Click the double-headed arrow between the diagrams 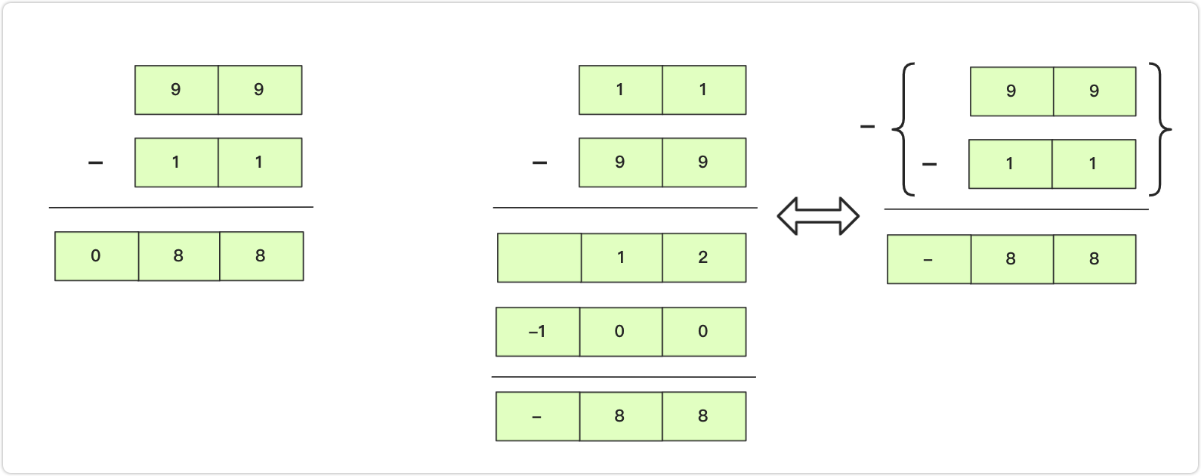(x=818, y=216)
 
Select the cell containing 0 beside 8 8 (x=97, y=256)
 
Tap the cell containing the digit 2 (x=704, y=258)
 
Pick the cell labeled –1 (x=538, y=332)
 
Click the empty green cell (x=539, y=258)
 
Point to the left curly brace (x=904, y=129)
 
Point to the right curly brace (x=1160, y=129)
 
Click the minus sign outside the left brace (x=867, y=127)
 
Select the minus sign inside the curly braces (x=929, y=164)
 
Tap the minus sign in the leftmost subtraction (x=95, y=162)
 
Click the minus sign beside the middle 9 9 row (x=539, y=162)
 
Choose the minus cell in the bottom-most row (x=538, y=416)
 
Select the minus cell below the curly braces (x=929, y=259)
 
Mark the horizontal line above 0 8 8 (x=181, y=207)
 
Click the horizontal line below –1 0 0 (x=624, y=377)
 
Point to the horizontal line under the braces (x=1017, y=209)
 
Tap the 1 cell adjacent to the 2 (x=622, y=258)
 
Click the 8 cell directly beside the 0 (x=179, y=256)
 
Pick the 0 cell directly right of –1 (x=621, y=332)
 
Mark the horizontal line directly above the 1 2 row (x=625, y=208)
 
